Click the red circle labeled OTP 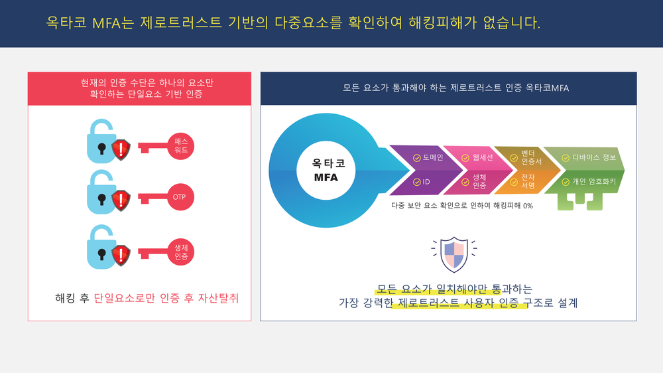180,197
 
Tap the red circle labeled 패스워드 181,146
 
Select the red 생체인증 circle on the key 180,252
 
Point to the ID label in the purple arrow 426,181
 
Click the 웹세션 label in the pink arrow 483,158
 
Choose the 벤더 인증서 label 531,158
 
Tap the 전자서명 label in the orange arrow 528,181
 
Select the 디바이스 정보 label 594,158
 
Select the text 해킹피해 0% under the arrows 509,206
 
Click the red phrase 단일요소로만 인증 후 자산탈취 166,298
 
